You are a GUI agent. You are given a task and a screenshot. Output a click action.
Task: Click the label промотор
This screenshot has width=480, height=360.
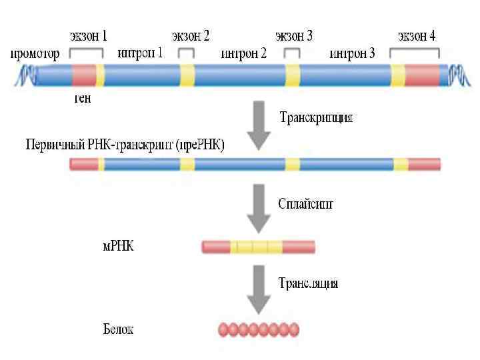point(34,53)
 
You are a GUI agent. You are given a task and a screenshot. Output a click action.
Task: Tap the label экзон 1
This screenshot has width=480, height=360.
point(88,35)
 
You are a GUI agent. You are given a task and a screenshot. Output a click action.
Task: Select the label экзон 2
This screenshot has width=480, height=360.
point(191,35)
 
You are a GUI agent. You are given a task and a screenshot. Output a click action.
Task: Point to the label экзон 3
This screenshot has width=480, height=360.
point(294,35)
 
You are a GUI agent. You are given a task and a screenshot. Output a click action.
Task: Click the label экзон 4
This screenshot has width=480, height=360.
point(417,35)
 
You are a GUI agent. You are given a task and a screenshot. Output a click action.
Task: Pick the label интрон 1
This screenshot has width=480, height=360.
point(140,53)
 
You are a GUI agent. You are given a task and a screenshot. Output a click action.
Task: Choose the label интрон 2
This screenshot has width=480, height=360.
point(243,53)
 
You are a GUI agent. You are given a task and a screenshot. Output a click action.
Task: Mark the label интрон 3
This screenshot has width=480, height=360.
point(352,53)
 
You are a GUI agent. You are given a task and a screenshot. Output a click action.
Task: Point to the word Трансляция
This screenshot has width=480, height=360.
point(308,283)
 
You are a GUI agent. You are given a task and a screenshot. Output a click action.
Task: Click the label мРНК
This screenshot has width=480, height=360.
point(117,247)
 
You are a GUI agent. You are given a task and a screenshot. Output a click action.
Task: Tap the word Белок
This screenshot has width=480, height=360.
point(119,329)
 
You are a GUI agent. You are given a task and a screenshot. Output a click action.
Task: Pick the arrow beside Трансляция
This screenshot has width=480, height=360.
point(259,288)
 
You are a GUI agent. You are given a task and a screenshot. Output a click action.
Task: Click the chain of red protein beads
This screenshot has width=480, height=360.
point(259,329)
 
